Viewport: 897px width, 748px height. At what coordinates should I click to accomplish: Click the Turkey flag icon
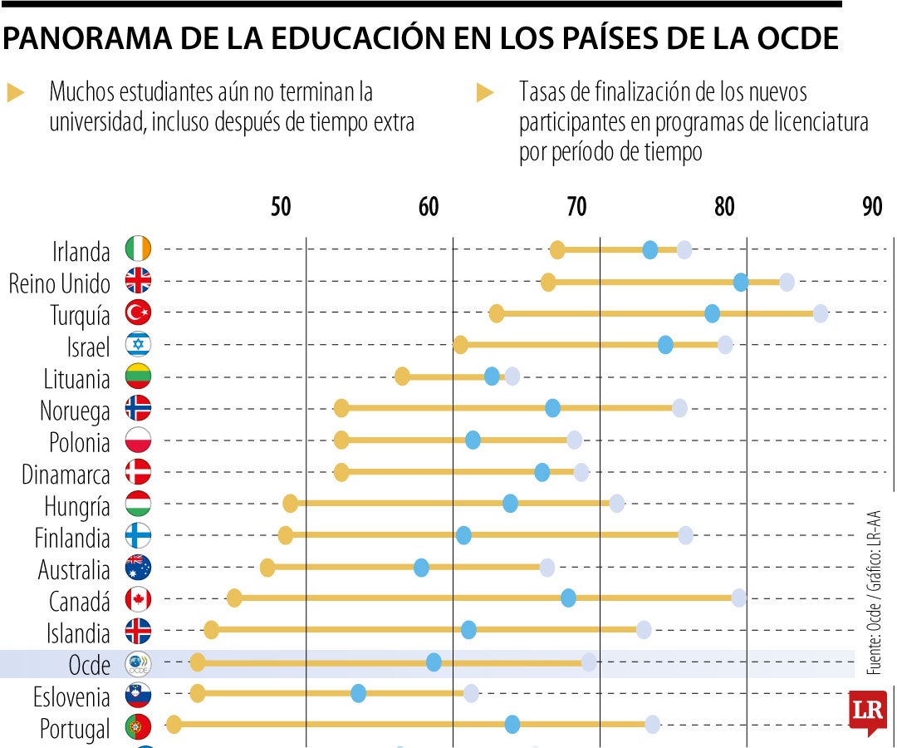138,312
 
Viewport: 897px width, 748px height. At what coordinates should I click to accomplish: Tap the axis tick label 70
576,207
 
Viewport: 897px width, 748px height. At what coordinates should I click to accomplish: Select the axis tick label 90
871,207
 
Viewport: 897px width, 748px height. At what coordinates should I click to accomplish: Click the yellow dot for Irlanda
557,249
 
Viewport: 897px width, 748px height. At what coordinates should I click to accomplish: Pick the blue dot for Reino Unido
741,282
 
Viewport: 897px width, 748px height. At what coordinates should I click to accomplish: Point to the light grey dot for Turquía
821,313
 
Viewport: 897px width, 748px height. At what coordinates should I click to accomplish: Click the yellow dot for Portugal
174,724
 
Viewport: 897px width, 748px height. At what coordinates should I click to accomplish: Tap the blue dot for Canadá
568,597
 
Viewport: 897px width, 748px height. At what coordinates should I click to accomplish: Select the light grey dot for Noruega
679,407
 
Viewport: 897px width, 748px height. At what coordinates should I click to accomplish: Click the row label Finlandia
72,539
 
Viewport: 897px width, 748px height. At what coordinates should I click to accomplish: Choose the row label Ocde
89,666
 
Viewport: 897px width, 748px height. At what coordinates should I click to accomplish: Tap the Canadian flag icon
138,598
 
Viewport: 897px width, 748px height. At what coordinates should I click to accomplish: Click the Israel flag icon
138,344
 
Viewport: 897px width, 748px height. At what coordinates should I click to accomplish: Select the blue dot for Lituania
492,376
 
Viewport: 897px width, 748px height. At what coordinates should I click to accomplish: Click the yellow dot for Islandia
211,629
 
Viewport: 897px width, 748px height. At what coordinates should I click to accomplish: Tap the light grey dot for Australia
547,568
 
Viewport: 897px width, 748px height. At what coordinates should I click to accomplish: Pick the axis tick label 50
281,207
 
